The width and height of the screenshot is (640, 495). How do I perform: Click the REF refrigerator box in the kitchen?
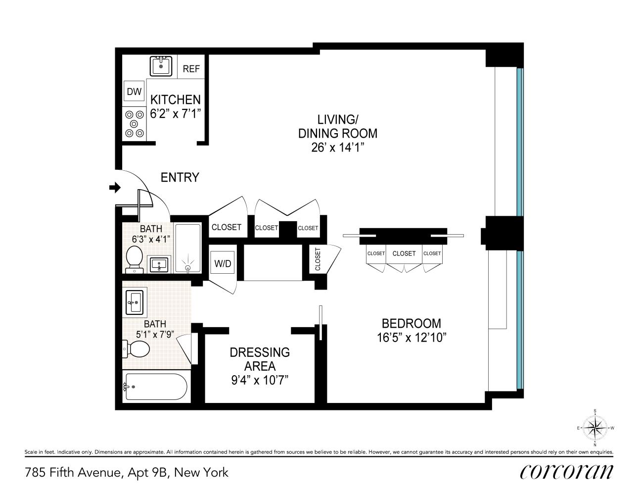tap(191, 69)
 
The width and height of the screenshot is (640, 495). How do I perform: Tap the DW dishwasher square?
tap(134, 92)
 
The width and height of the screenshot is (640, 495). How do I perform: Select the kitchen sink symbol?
tap(161, 66)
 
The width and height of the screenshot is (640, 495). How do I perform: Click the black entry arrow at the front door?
tap(115, 187)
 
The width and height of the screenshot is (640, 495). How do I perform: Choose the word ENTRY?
tap(180, 177)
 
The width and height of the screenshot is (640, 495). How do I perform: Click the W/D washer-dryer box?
tap(222, 263)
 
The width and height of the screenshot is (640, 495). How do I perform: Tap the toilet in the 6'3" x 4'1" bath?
tap(134, 260)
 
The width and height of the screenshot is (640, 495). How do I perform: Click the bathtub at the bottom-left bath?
tap(154, 387)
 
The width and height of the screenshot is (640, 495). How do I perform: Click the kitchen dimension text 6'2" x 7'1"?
tap(176, 113)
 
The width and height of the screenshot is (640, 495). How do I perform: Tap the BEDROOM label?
tap(411, 323)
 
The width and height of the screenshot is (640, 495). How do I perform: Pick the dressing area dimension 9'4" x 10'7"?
tap(259, 380)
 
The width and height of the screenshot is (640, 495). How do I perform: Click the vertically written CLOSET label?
tap(318, 259)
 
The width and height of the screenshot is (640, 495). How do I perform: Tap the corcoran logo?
tap(566, 471)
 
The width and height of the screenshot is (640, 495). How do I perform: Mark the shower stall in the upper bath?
tap(188, 248)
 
